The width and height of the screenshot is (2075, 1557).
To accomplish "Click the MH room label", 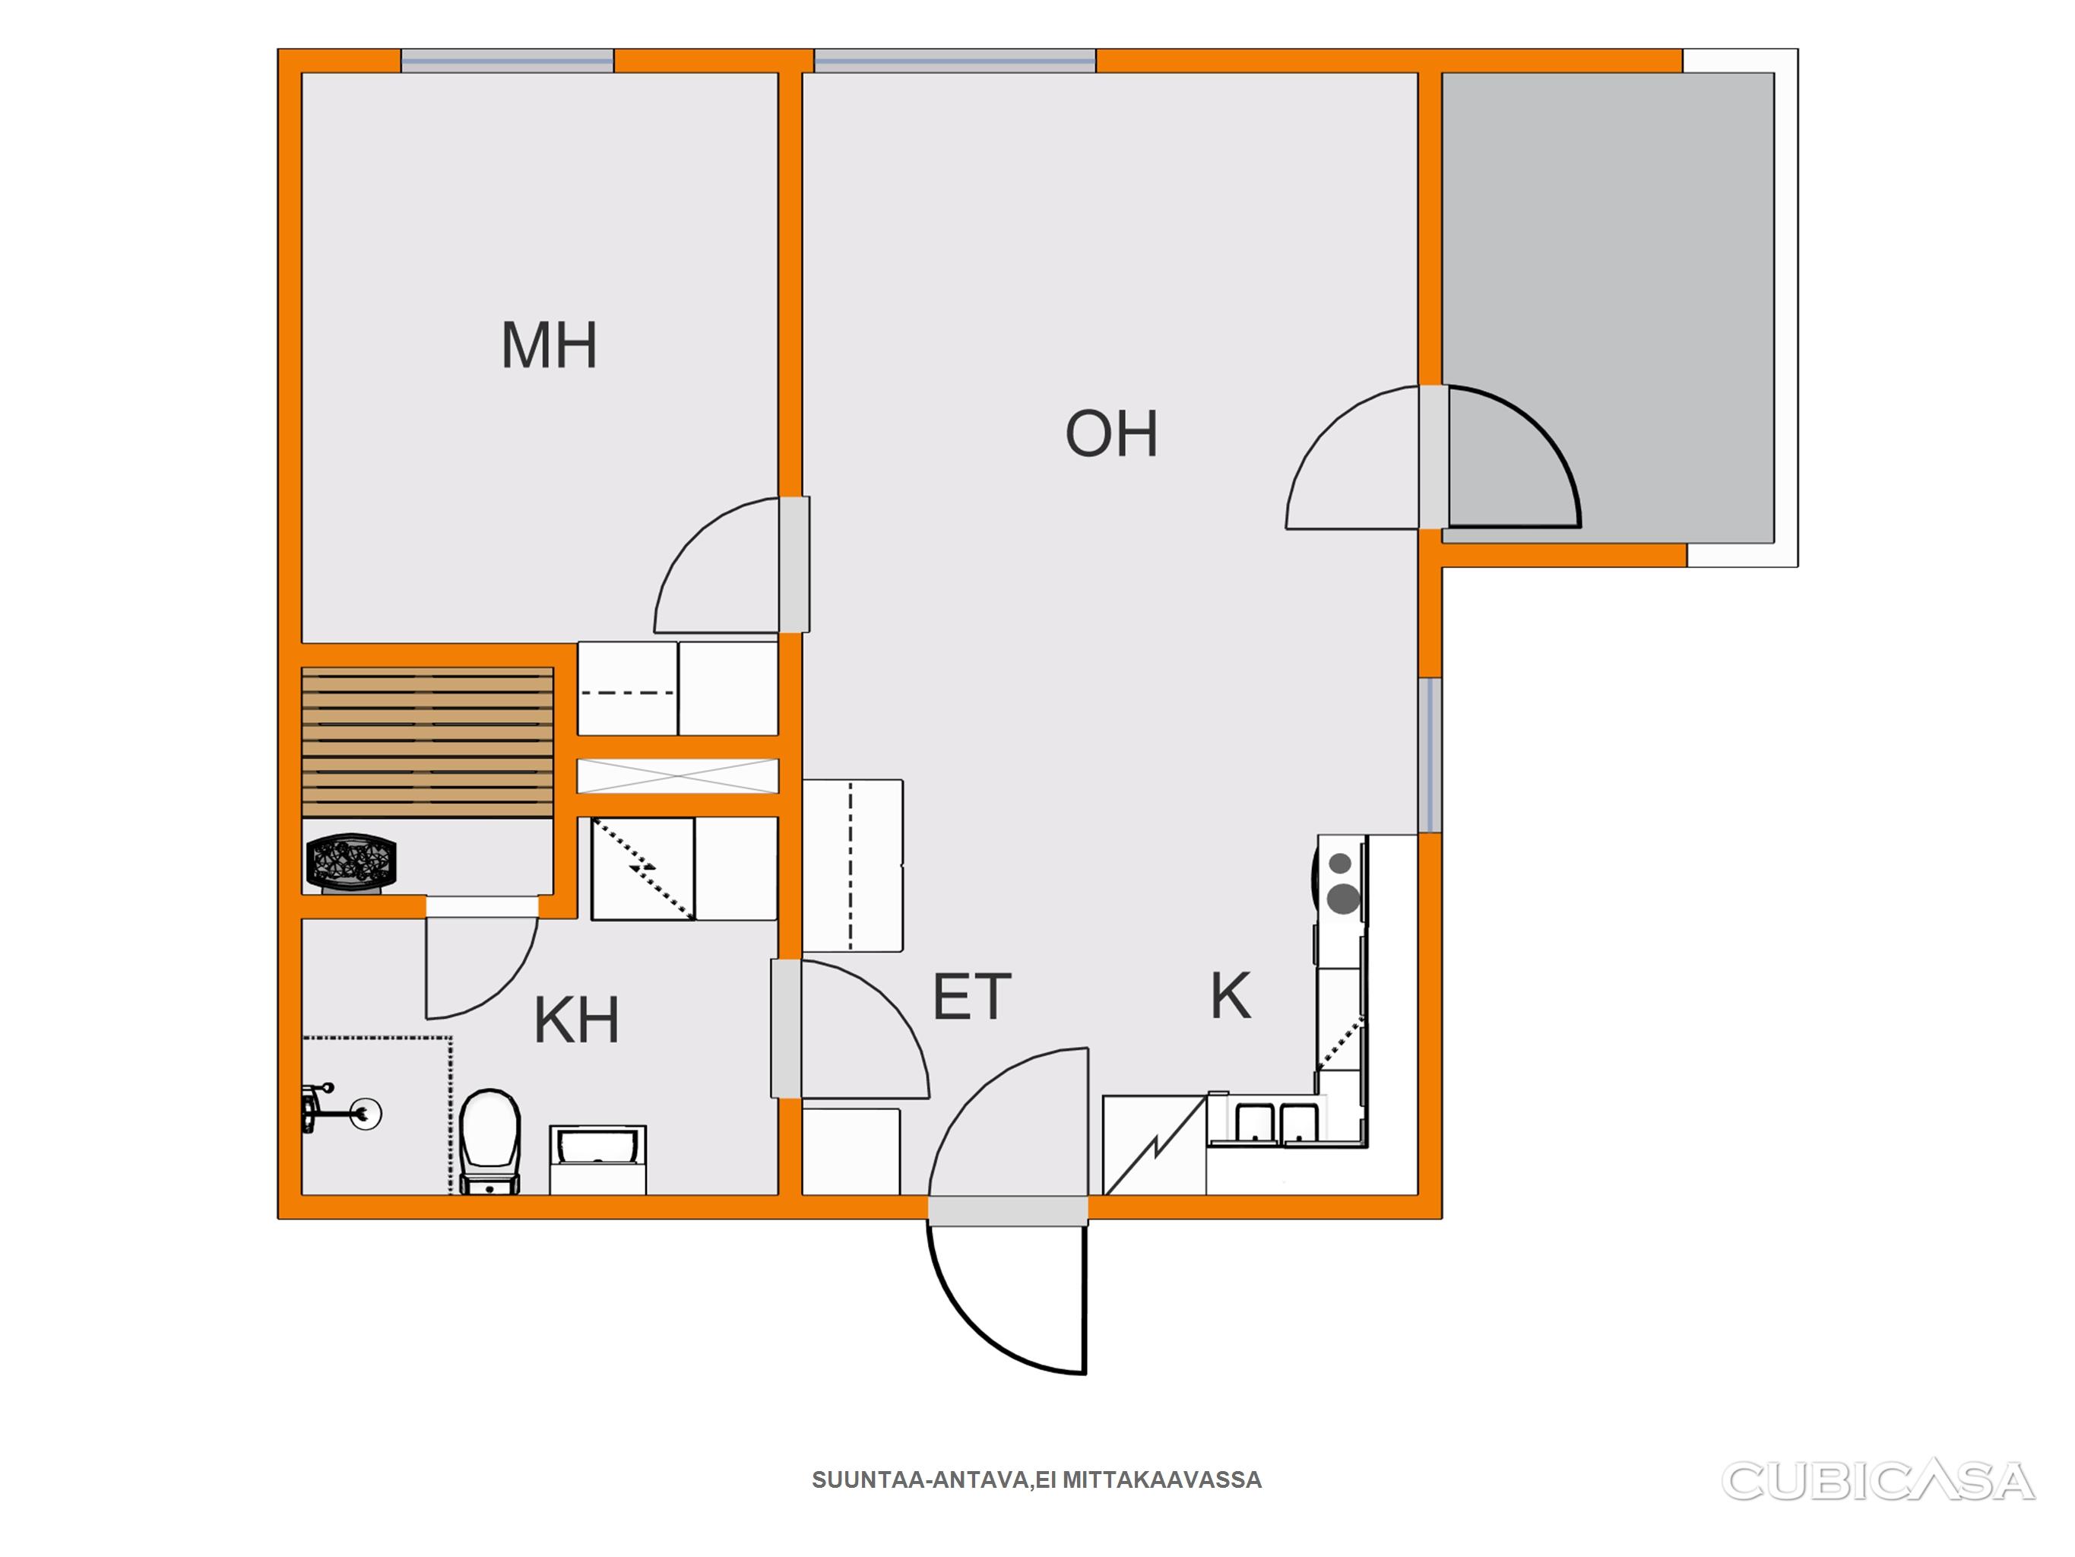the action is (549, 345).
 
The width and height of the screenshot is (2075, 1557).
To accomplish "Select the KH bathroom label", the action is (576, 1020).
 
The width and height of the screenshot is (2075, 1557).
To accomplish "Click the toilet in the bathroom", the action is (489, 1140).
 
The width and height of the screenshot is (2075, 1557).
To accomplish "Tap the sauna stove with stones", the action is (352, 861).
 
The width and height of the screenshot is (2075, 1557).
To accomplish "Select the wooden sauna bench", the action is (428, 741).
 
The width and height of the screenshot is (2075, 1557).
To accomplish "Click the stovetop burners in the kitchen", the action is (1342, 883).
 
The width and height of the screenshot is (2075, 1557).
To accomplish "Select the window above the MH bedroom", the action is (508, 61).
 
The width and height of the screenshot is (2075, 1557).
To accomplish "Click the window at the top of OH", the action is (954, 61).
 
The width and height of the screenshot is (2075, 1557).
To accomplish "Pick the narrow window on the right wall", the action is (1430, 755).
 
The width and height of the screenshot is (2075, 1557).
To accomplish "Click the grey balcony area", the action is (1608, 308).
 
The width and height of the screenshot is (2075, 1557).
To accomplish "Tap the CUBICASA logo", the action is (1878, 1481).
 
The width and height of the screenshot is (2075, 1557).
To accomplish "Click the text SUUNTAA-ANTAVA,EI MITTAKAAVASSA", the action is (1037, 1480).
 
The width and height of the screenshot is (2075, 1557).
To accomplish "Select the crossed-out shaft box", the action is (677, 776).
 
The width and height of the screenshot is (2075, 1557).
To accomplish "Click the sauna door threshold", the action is (482, 907).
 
